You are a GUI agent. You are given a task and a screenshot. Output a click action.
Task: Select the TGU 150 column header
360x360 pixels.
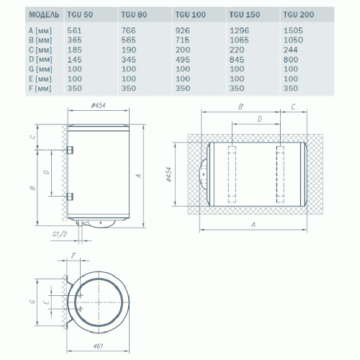point(242,13)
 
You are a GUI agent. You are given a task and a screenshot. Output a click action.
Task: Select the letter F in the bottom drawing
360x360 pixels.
point(74,256)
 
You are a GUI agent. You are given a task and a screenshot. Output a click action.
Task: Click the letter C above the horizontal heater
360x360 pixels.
point(293,107)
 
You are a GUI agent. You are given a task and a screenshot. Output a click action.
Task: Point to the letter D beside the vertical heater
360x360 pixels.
point(47,174)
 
